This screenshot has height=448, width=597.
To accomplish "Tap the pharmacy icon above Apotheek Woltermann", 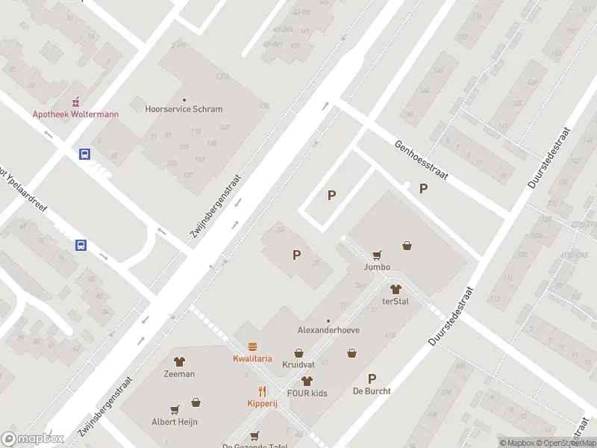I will click(75, 102).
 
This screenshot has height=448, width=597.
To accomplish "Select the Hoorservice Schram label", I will click(184, 109).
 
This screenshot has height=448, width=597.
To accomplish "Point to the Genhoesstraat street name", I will click(421, 161).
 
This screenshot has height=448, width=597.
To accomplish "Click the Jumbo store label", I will click(377, 267).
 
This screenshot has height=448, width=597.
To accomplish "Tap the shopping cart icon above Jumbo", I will click(377, 255).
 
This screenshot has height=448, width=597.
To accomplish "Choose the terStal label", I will click(396, 302).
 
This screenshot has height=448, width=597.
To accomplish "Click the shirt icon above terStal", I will click(396, 289).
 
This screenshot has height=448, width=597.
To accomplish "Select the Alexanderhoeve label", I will click(328, 329).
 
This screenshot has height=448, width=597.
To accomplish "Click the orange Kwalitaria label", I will click(252, 358).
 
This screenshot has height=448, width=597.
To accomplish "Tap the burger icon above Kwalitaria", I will click(252, 346).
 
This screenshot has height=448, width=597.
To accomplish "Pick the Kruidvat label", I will click(298, 365).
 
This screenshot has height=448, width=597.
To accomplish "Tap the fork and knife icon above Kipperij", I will click(262, 391).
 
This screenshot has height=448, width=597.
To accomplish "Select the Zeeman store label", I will click(179, 373).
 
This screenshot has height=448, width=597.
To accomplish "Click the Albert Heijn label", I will click(174, 421).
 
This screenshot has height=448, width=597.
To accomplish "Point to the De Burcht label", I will click(372, 391).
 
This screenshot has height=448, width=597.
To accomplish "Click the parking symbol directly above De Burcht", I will click(372, 378).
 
